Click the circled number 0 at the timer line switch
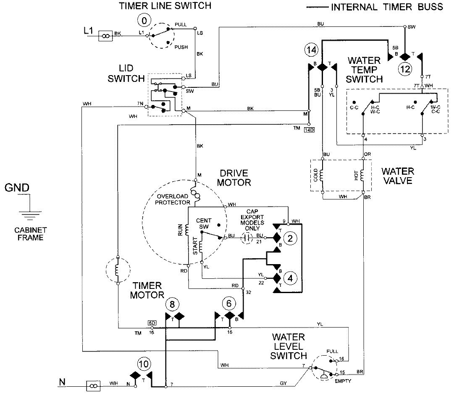144,20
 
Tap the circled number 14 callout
311,50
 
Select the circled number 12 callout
405,69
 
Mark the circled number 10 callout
144,364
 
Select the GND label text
17,188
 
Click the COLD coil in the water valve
323,176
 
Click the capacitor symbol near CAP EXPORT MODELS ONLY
248,238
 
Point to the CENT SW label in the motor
203,224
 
